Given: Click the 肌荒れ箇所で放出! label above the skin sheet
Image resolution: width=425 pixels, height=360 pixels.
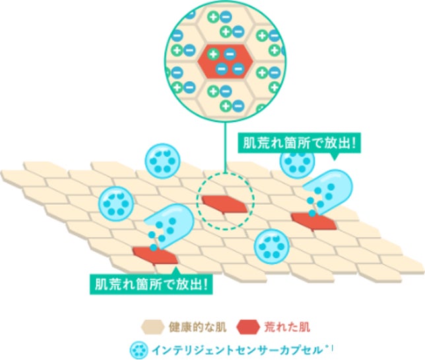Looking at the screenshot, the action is (x=296, y=143).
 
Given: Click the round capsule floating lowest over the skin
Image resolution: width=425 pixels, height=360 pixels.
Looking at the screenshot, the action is (x=271, y=246).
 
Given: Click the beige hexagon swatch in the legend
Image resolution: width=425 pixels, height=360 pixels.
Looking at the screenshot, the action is (x=152, y=326).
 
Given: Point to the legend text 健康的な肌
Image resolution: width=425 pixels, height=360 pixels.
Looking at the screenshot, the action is (x=195, y=326).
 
